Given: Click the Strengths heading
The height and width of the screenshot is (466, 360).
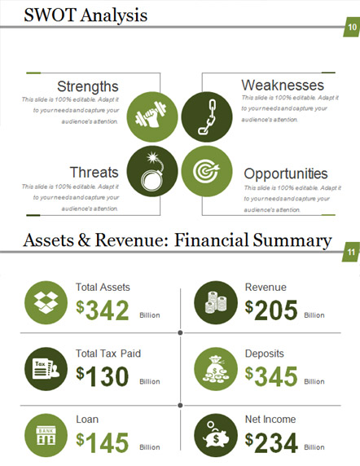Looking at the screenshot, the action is point(88,86).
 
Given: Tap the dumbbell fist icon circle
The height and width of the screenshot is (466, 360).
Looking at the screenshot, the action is point(152,116).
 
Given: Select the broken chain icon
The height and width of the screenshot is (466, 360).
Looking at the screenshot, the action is point(207,116).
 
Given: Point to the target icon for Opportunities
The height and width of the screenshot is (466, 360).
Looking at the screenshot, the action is point(207,171).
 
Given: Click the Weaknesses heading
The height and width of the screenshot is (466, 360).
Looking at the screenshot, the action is point(283,86).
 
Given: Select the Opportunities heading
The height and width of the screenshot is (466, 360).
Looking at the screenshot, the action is point(286,174).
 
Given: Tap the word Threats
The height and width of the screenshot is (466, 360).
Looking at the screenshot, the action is point(94,173).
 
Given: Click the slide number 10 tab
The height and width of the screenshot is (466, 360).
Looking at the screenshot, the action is point(352,27).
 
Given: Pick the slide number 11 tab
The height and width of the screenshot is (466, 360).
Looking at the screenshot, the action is point(351,253).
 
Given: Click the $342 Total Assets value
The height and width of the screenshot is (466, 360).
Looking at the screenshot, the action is point(103,310).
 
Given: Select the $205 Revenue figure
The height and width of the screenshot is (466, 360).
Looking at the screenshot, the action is point(271,310).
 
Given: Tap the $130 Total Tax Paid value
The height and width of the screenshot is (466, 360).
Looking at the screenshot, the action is point(103,376).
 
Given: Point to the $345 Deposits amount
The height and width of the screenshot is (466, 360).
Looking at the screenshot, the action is point(271,376).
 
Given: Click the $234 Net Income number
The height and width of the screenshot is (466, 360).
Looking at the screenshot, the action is point(271,442).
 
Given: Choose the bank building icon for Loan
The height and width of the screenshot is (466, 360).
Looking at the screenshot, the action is point(46,435).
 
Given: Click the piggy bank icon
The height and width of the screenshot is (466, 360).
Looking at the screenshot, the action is point(216,435).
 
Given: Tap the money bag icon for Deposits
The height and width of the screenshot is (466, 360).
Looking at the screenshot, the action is point(216,369).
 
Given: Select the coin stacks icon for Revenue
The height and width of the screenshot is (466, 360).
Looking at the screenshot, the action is point(216,302).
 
